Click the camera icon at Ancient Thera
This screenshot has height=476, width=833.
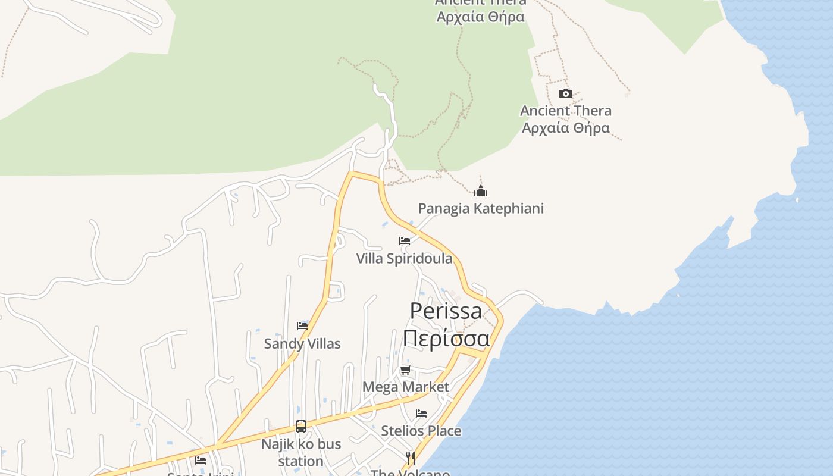(565, 93)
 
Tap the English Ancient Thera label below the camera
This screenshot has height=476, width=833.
(565, 111)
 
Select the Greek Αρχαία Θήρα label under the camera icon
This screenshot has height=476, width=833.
(565, 128)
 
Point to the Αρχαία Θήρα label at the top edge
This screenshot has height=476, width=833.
(480, 17)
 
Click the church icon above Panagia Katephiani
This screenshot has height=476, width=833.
(481, 191)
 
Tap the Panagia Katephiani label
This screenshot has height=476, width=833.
(481, 209)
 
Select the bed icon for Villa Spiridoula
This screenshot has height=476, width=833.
(405, 241)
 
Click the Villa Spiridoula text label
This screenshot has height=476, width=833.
(404, 259)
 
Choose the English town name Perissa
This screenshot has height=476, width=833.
(446, 311)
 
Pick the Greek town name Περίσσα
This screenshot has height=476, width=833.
(446, 338)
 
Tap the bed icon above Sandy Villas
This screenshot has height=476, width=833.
(302, 325)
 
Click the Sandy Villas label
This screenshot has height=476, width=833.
(302, 344)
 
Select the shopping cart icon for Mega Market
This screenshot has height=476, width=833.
(406, 370)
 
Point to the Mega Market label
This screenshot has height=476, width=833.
(406, 387)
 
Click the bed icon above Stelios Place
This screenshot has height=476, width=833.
(421, 413)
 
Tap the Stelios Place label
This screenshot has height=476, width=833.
(421, 431)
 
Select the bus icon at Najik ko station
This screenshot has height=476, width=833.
(301, 427)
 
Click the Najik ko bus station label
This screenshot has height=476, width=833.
(301, 453)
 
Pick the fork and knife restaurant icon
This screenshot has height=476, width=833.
(410, 458)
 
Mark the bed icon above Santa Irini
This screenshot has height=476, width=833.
(201, 460)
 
